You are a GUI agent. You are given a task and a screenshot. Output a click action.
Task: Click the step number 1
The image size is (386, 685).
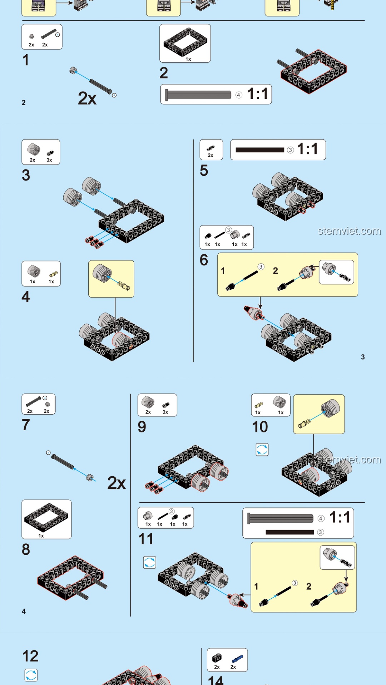(x=25, y=60)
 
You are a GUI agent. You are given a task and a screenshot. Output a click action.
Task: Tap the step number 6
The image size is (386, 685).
(x=204, y=260)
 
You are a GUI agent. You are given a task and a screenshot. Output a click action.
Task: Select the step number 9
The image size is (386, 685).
(x=142, y=427)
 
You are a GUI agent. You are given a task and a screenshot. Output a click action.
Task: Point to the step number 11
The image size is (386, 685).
(x=146, y=539)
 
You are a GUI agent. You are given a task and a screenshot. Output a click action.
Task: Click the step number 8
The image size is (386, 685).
(x=26, y=549)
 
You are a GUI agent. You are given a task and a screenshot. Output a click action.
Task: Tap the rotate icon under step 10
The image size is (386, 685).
(x=262, y=450)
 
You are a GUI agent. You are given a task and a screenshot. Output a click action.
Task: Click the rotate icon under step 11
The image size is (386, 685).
(x=149, y=562)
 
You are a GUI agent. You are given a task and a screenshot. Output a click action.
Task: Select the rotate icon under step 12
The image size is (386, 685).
(x=31, y=675)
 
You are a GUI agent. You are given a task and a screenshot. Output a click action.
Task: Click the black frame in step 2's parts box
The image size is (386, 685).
(x=185, y=42)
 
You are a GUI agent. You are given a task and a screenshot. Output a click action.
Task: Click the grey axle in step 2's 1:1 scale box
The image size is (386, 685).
(x=198, y=95)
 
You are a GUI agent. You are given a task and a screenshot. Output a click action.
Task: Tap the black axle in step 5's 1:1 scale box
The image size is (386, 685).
(x=260, y=150)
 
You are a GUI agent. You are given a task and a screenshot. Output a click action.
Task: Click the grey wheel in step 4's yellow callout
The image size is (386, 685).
(x=102, y=273)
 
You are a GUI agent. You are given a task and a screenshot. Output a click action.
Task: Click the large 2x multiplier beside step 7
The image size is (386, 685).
(x=117, y=483)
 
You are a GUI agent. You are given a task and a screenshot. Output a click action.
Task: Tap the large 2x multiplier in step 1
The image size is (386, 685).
(x=87, y=98)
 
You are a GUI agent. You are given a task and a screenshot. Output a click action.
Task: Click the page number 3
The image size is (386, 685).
(x=363, y=357)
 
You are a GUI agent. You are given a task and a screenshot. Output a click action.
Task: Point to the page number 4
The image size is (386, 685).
(x=24, y=612)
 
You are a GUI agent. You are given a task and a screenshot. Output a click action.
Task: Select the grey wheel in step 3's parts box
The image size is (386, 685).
(x=34, y=149)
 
